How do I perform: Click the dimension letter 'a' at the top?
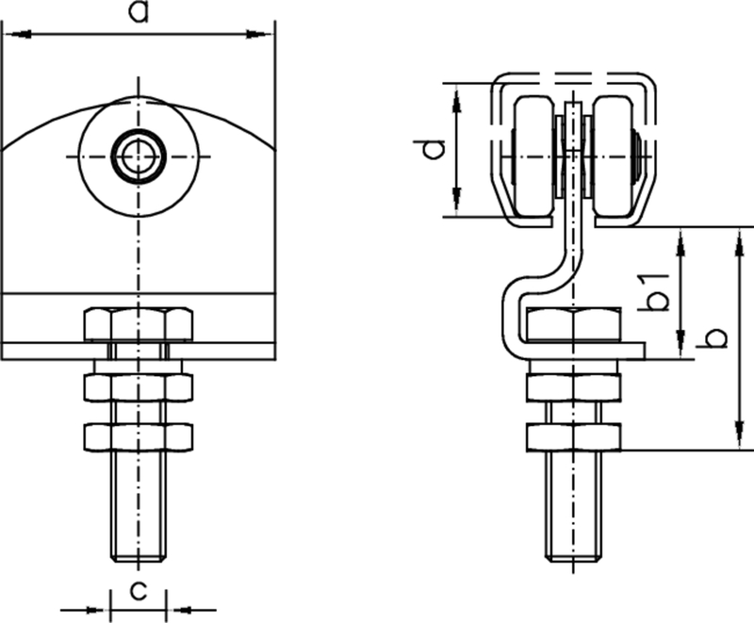139,13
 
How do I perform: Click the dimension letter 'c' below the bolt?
139,591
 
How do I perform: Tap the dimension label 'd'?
432,149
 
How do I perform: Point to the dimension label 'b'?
715,337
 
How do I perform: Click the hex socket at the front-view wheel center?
139,153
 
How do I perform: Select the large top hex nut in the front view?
139,325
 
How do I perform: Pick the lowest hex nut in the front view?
139,435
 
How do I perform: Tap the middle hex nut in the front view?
139,386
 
